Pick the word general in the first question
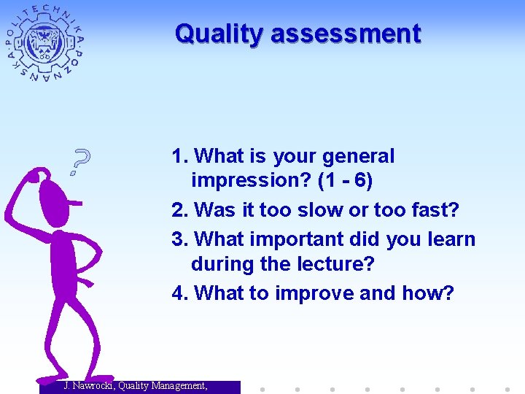click(x=357, y=156)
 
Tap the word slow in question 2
click(x=319, y=210)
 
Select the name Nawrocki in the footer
click(x=93, y=386)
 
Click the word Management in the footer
click(x=175, y=386)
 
